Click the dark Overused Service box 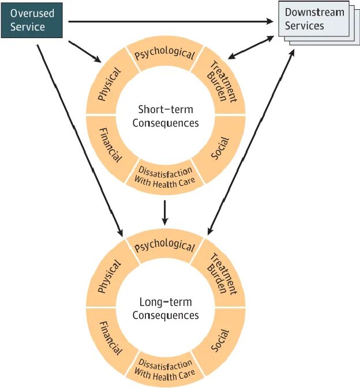click(x=32, y=20)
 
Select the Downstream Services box click(x=319, y=23)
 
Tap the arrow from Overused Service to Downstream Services click(x=171, y=22)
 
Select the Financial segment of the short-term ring click(x=110, y=145)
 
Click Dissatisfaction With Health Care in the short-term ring click(x=164, y=177)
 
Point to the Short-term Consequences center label click(x=166, y=116)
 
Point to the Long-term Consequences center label click(x=166, y=308)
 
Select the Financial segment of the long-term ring click(x=110, y=338)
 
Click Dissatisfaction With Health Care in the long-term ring click(x=164, y=370)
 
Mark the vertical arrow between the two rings click(x=165, y=213)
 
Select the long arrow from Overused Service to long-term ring click(x=80, y=140)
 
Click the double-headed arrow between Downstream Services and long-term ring click(x=251, y=142)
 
